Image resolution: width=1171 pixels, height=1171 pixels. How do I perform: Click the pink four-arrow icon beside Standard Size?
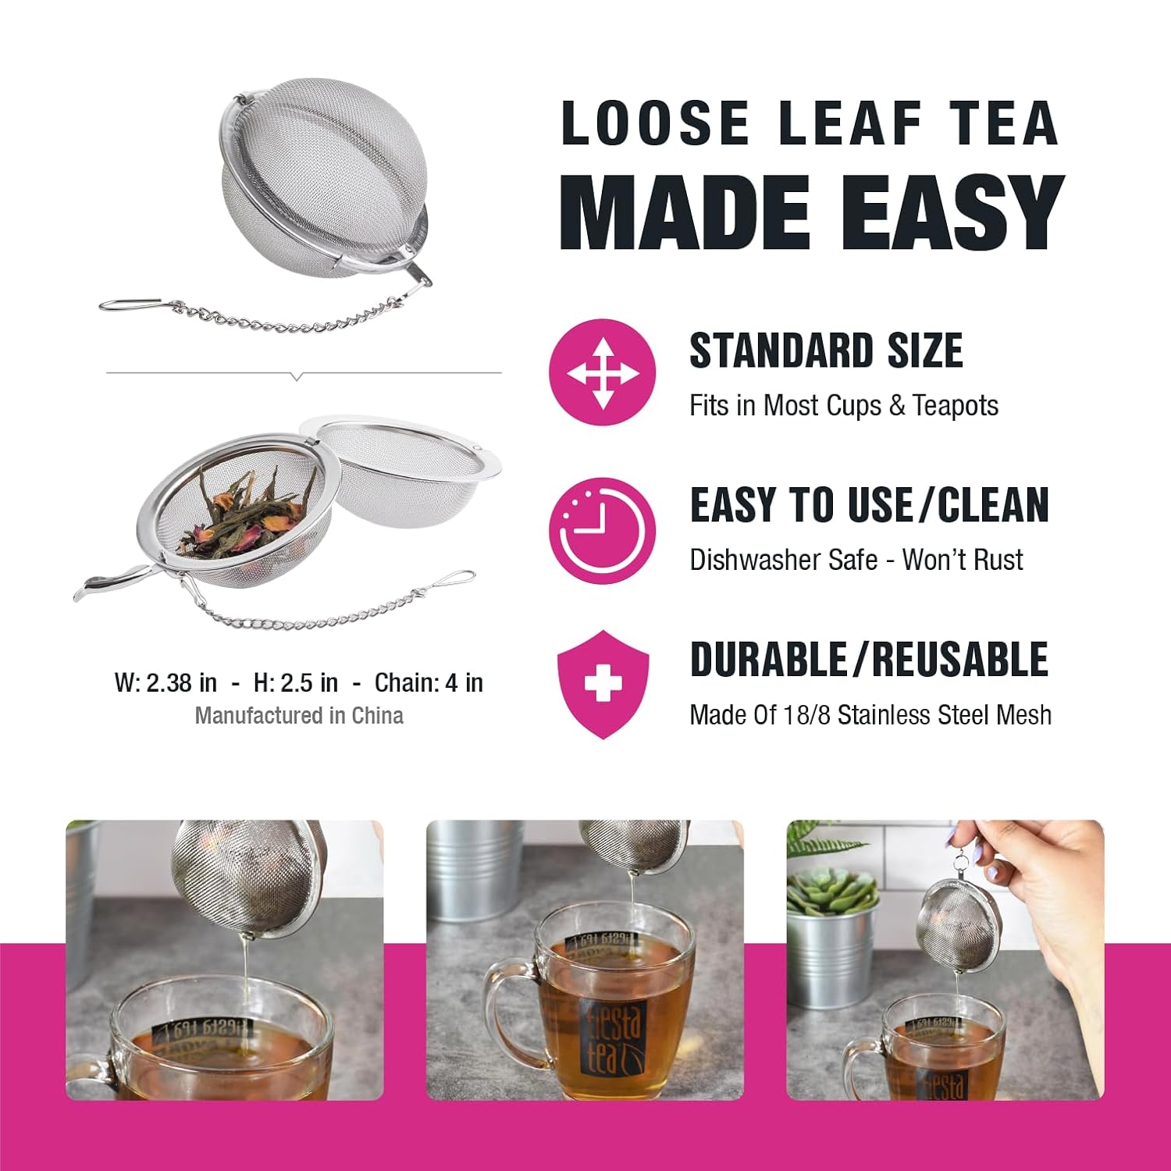pos(602,372)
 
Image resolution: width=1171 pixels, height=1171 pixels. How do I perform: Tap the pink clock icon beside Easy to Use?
pos(602,532)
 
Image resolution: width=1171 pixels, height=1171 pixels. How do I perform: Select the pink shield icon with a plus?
pos(603,685)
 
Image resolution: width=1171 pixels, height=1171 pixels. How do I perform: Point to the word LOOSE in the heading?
pos(655,123)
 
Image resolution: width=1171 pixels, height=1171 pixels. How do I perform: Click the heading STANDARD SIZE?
pos(826,351)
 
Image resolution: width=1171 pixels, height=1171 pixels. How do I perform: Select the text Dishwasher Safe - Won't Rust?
pos(856,560)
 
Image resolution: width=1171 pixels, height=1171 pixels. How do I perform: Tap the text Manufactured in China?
pos(299,715)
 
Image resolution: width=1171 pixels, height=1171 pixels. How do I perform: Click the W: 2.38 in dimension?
pos(166,682)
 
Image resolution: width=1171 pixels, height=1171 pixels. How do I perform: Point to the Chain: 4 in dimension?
pos(429,682)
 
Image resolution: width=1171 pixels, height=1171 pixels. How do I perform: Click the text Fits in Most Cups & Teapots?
pos(844,406)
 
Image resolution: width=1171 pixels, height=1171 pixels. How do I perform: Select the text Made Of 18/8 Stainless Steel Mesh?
pos(870,714)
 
